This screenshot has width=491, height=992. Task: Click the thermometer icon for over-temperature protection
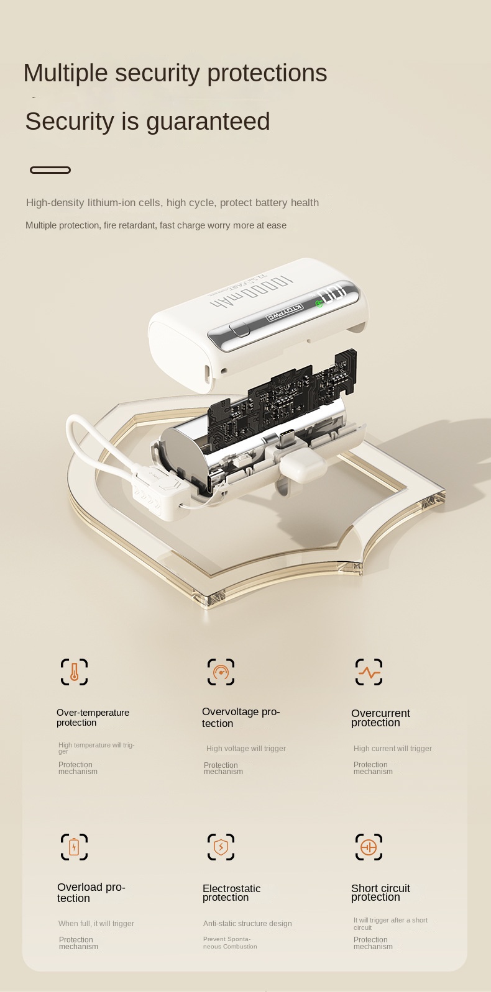point(74,672)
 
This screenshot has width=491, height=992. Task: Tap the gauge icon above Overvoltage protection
point(221,672)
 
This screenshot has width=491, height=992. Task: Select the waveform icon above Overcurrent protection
point(369,672)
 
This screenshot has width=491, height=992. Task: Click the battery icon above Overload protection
point(74,847)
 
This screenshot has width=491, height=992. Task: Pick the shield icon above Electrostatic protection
point(221,847)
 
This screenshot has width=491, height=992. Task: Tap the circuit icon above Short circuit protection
point(369,847)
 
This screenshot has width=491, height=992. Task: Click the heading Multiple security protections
point(175,73)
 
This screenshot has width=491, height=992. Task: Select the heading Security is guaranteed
point(147,121)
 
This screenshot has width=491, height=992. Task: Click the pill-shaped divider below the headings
point(50,170)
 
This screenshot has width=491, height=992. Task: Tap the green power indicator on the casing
point(319,304)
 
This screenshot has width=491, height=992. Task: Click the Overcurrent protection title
point(380,718)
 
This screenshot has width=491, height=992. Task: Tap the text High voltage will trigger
point(245,749)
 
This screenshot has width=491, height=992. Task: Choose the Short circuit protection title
point(380,893)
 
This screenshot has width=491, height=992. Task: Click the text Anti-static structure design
point(247,924)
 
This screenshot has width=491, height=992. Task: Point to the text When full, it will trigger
point(96,924)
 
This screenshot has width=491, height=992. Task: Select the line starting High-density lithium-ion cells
point(172,202)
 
